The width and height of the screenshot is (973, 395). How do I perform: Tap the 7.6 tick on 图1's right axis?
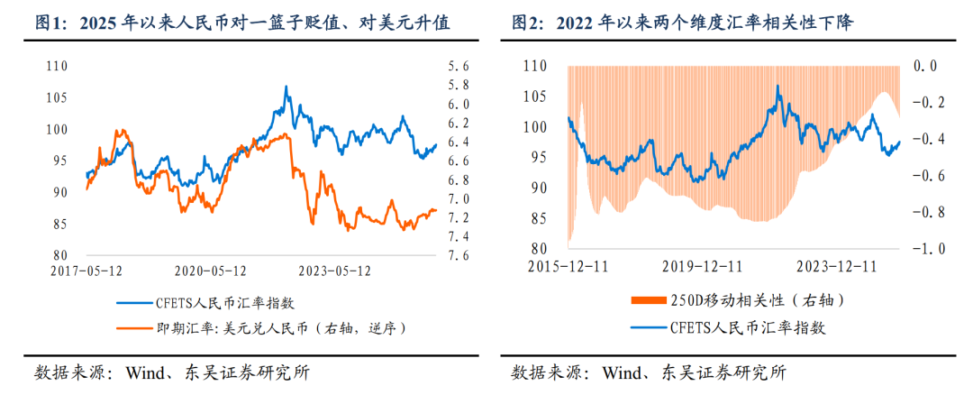(459, 255)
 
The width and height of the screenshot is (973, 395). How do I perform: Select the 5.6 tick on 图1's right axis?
(459, 66)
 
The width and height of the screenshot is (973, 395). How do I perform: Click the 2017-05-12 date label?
(86, 270)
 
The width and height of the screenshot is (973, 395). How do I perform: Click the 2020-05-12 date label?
(211, 270)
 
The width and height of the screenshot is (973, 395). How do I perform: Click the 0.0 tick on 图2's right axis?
(925, 66)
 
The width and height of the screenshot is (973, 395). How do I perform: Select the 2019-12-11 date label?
(703, 266)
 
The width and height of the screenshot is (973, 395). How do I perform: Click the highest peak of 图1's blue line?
(286, 87)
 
